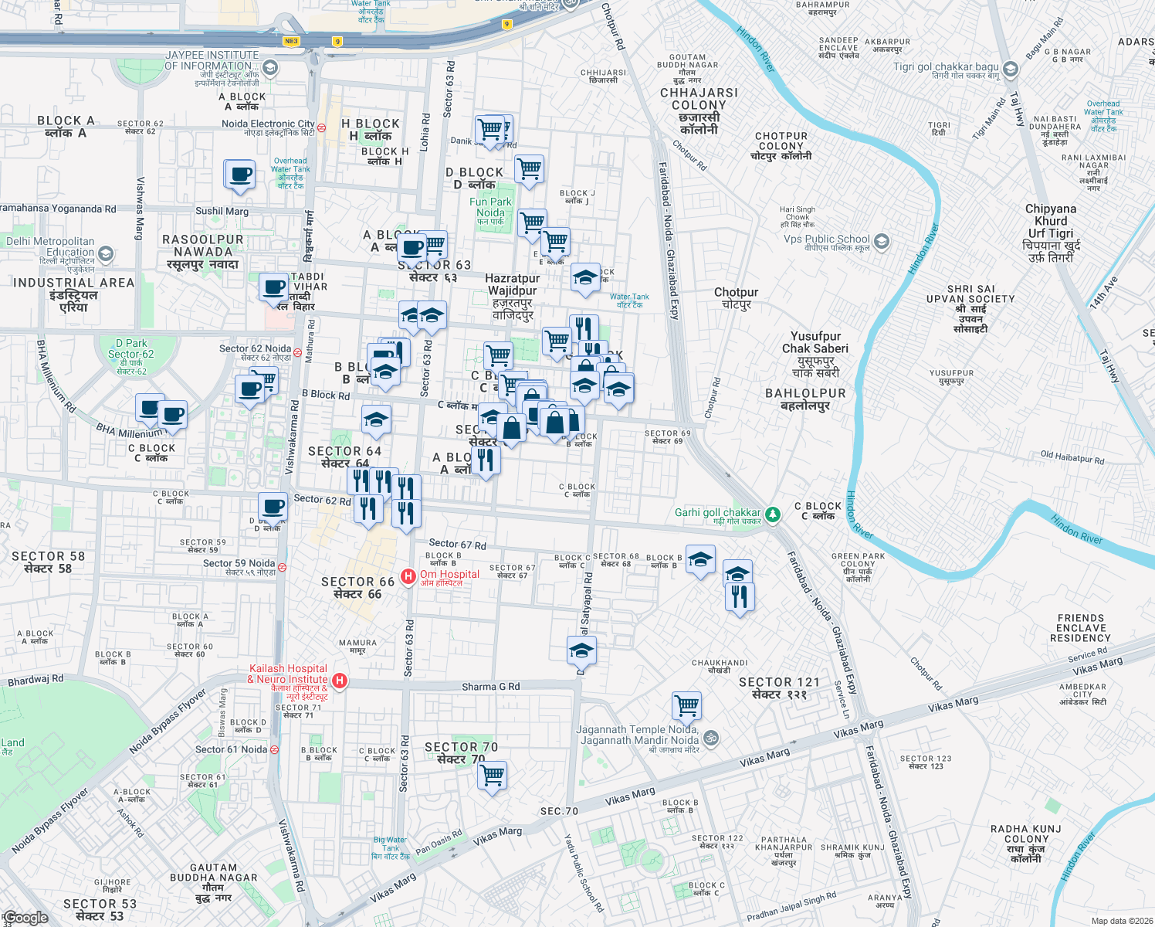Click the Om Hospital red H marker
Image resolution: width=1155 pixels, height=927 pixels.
click(x=408, y=577)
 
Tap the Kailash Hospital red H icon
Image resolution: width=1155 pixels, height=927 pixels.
click(x=339, y=681)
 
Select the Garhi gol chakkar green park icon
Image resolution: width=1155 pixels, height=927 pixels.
click(x=773, y=514)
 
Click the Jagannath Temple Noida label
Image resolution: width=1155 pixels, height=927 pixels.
click(x=638, y=735)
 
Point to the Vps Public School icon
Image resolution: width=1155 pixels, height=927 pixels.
click(x=882, y=241)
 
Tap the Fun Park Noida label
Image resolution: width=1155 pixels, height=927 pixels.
click(x=490, y=207)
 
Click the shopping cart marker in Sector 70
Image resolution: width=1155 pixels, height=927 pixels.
click(x=492, y=774)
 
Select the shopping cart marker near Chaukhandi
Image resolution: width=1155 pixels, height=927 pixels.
click(x=686, y=705)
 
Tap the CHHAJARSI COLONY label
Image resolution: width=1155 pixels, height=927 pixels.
click(x=699, y=105)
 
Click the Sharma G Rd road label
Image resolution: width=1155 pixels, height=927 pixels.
click(x=490, y=687)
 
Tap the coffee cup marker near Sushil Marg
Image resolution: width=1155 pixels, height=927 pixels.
click(x=240, y=174)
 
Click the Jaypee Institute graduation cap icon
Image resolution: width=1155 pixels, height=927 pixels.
click(x=269, y=68)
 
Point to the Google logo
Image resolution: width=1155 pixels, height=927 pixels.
click(x=26, y=918)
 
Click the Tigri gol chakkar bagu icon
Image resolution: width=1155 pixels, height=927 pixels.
click(x=1011, y=70)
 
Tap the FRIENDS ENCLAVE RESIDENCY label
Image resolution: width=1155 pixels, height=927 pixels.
click(x=1080, y=628)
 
